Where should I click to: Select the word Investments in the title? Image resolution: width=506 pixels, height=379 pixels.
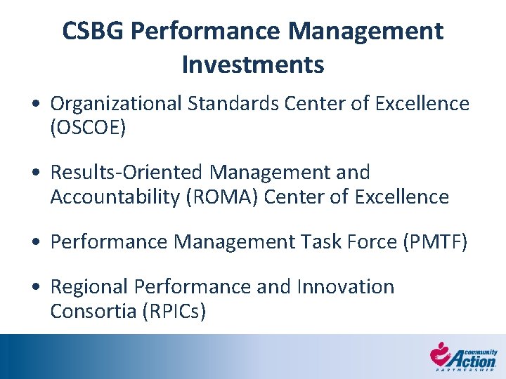click(253, 65)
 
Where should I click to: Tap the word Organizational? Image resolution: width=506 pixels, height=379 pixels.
click(116, 104)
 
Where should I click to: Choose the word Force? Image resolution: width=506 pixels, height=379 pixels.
click(371, 242)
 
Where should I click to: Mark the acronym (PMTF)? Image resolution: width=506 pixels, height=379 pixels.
click(434, 242)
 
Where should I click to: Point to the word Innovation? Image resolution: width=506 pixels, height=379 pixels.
click(346, 287)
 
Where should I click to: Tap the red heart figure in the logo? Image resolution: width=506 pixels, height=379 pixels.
click(441, 353)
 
